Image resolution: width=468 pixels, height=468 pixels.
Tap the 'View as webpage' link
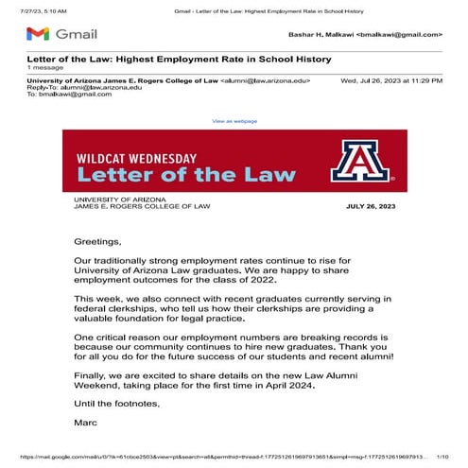[234, 121]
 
